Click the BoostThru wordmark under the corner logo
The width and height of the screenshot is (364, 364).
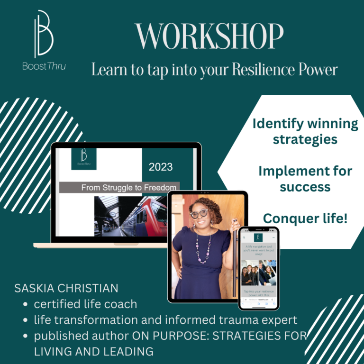pyautogui.click(x=44, y=66)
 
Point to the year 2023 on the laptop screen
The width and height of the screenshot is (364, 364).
pyautogui.click(x=161, y=167)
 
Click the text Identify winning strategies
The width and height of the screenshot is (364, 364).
pyautogui.click(x=305, y=131)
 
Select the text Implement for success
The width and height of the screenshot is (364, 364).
pyautogui.click(x=305, y=178)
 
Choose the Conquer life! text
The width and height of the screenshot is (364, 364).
pyautogui.click(x=305, y=218)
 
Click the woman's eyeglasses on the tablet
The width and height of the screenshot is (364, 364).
pyautogui.click(x=199, y=214)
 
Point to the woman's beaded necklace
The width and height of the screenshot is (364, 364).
pyautogui.click(x=203, y=249)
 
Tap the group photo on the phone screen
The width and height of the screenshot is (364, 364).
pyautogui.click(x=258, y=273)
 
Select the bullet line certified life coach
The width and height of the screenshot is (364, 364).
pyautogui.click(x=85, y=304)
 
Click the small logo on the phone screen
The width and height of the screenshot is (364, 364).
pyautogui.click(x=258, y=237)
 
